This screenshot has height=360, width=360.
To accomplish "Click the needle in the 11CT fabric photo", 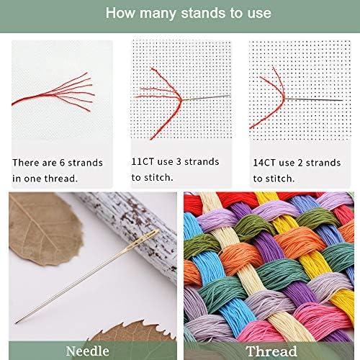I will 204,101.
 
